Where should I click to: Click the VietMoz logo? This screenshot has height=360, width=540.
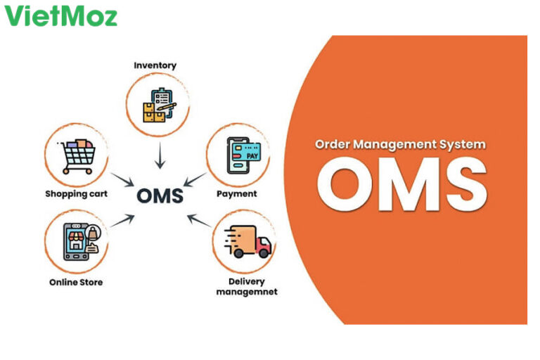[x=61, y=15]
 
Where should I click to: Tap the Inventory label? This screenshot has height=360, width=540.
[x=155, y=65]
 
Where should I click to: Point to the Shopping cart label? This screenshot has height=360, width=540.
[x=77, y=193]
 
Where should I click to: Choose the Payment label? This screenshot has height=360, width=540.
[x=237, y=193]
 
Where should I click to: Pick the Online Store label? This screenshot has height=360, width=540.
[x=76, y=282]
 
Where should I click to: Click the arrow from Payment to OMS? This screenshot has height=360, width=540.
[x=196, y=180]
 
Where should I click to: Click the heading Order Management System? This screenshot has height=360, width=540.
[x=399, y=144]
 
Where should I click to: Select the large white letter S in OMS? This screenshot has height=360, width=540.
[x=462, y=184]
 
